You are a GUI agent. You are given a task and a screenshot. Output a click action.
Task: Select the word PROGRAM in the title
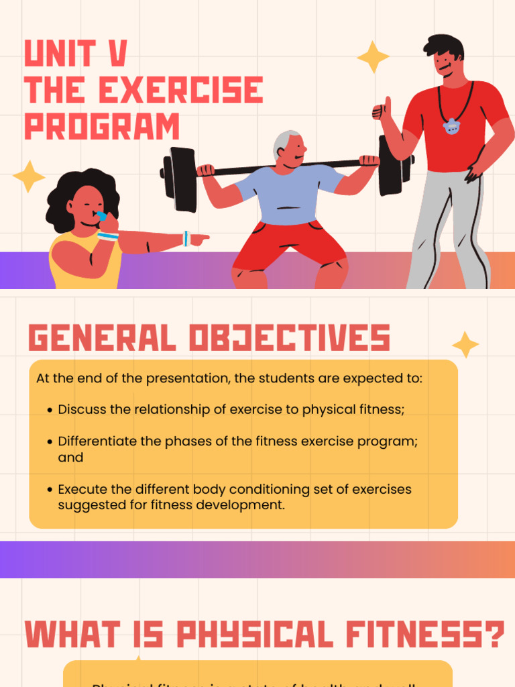click(102, 127)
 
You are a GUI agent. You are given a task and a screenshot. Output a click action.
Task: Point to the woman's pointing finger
click(201, 238)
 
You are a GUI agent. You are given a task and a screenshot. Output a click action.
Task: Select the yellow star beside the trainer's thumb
click(373, 57)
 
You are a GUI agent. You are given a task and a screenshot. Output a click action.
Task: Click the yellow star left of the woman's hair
click(28, 176)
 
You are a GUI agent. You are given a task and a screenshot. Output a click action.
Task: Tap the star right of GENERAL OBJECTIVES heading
click(465, 344)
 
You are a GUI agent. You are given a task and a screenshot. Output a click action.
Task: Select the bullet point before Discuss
click(50, 410)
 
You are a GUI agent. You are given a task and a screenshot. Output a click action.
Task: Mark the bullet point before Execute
click(50, 490)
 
